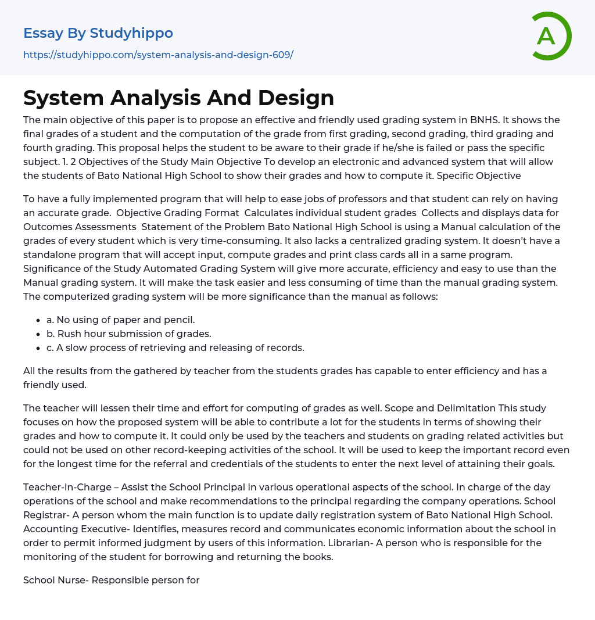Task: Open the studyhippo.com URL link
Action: tap(158, 55)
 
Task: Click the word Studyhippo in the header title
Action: tap(131, 33)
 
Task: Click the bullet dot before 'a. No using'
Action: tap(39, 320)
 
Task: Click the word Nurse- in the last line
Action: tap(72, 580)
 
